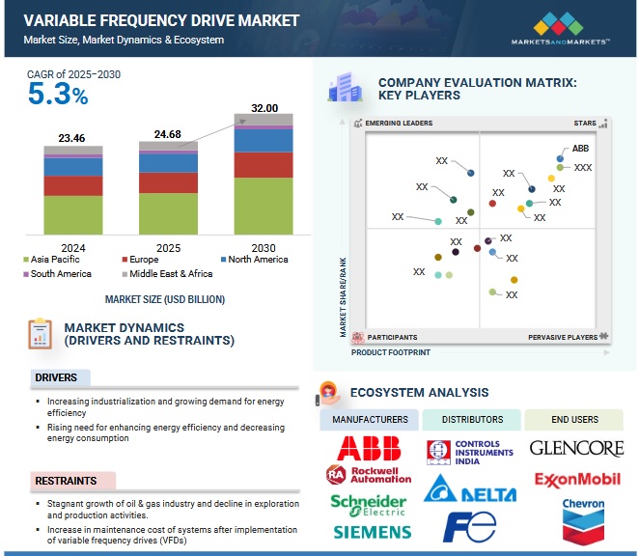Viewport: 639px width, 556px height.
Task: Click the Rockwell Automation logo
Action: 369,475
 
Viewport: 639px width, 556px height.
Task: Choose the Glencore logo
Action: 577,448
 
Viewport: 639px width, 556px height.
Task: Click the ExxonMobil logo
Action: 577,479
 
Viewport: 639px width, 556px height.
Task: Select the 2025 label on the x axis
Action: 168,246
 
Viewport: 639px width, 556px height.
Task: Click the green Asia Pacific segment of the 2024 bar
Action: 73,214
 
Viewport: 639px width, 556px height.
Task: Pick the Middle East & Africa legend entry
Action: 178,274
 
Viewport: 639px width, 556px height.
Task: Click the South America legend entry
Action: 57,274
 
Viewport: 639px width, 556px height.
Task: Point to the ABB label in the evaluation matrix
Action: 580,149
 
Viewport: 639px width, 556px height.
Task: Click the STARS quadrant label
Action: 585,124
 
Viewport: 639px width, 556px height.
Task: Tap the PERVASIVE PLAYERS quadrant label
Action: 563,337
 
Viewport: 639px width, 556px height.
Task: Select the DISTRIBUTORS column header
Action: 472,420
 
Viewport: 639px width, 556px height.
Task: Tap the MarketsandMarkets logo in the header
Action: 561,28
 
